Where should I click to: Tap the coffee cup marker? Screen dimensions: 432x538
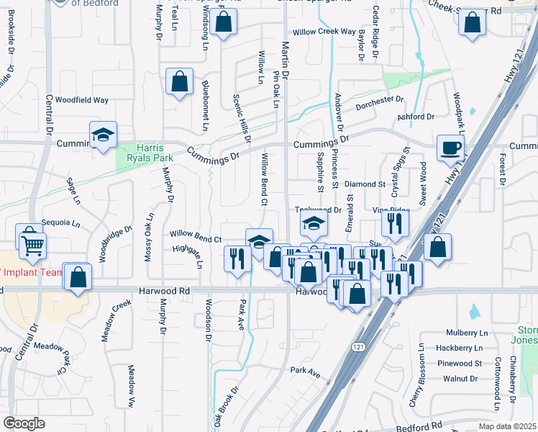tap(450, 148)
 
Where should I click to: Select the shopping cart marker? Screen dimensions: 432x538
tap(32, 246)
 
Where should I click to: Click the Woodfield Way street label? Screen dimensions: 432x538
tap(82, 100)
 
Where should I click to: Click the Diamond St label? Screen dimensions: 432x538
tap(365, 184)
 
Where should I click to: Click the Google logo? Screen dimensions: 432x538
tap(24, 423)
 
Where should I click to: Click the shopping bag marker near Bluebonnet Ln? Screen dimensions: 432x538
tap(178, 81)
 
